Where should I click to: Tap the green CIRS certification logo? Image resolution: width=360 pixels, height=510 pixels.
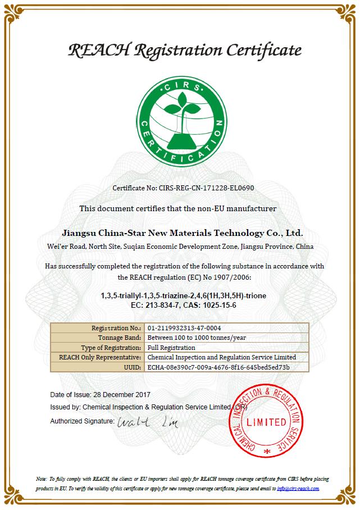pos(179,120)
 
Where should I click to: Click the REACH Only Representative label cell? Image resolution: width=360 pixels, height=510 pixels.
pos(99,357)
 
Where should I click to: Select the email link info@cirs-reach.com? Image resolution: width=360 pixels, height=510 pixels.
pos(298,488)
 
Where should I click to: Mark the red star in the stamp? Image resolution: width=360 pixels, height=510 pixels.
pos(267,451)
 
